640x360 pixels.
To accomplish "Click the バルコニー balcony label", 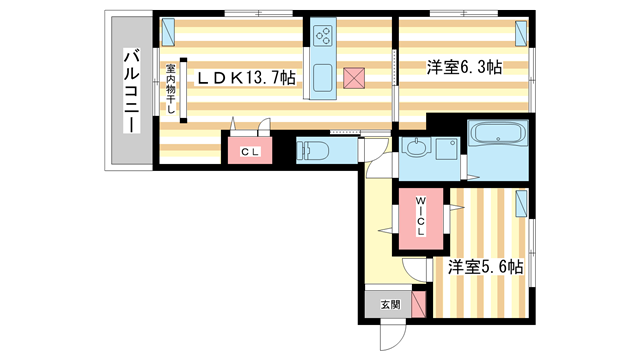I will tap(130, 90).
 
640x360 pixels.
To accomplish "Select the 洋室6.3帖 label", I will tap(464, 67).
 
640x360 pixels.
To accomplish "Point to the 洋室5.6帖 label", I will tap(485, 266).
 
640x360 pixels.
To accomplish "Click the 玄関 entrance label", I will tap(390, 305).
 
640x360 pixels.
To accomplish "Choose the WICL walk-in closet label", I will tap(421, 218).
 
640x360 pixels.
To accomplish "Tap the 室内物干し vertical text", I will tap(171, 91).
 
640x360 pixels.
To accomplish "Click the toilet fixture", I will tap(313, 151).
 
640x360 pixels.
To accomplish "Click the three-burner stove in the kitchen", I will tap(324, 36).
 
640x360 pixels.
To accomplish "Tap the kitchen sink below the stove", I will tap(324, 76).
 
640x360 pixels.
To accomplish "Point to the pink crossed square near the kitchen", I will tap(353, 78).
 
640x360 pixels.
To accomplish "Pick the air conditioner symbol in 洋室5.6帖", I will tap(521, 204).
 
